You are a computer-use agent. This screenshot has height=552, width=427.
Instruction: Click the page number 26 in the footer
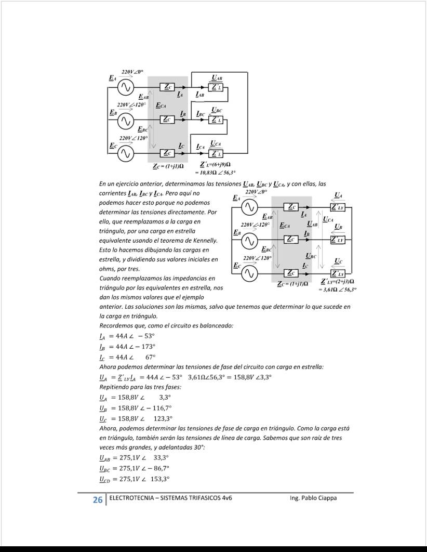pos(97,500)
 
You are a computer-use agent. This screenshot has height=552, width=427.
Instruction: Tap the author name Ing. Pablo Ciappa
pos(313,498)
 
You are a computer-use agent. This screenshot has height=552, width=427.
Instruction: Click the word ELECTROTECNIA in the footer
pos(135,498)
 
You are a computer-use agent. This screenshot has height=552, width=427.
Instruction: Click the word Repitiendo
pos(113,387)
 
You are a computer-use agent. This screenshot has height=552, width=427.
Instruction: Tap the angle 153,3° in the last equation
pos(160,479)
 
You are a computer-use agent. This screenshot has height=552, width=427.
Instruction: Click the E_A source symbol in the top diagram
pos(125,88)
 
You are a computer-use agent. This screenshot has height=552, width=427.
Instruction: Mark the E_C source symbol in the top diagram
pos(125,153)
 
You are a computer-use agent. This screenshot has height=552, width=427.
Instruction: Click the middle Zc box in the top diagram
pos(167,120)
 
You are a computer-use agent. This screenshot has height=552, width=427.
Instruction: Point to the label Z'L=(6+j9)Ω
pos(215,165)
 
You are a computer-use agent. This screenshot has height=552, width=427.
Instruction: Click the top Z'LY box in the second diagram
pos(338,207)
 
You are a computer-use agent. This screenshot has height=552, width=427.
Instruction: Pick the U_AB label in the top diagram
pos(217,78)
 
